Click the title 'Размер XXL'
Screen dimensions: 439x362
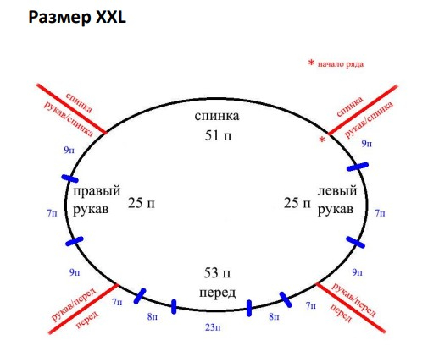(77, 18)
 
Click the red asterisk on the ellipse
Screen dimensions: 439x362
(322, 140)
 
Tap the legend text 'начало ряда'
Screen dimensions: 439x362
(341, 64)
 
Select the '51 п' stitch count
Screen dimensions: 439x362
(218, 135)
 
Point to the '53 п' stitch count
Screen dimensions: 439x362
(217, 273)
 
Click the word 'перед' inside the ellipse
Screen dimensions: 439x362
(217, 293)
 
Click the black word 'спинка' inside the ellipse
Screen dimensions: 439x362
(217, 116)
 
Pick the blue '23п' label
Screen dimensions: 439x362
(213, 327)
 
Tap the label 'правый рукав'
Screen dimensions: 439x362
(97, 200)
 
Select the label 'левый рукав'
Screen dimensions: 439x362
(337, 200)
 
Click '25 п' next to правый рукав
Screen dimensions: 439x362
(142, 203)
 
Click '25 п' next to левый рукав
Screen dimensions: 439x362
(297, 203)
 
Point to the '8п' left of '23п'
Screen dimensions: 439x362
(152, 317)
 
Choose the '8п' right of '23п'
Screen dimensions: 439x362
(274, 317)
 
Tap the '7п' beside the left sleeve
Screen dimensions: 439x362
(380, 213)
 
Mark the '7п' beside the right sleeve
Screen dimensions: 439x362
(52, 213)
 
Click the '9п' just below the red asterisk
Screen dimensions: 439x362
(367, 144)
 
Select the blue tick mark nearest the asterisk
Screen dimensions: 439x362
(358, 167)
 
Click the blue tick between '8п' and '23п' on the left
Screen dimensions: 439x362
(174, 307)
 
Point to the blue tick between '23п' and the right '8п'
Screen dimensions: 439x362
(249, 308)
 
